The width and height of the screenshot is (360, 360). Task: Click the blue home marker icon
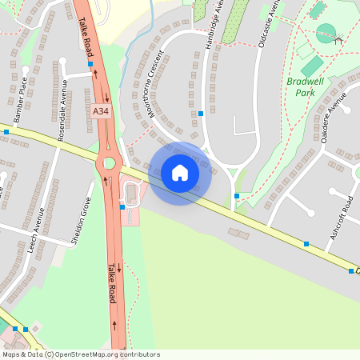point(180,173)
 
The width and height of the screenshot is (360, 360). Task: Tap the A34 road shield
point(101,111)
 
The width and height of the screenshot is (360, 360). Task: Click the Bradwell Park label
point(301,87)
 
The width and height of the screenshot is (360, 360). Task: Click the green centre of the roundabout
point(109,163)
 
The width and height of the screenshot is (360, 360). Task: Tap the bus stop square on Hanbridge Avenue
point(201,114)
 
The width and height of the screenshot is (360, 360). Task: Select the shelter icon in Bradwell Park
point(338,39)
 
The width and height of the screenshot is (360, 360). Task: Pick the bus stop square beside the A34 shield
point(90,63)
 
